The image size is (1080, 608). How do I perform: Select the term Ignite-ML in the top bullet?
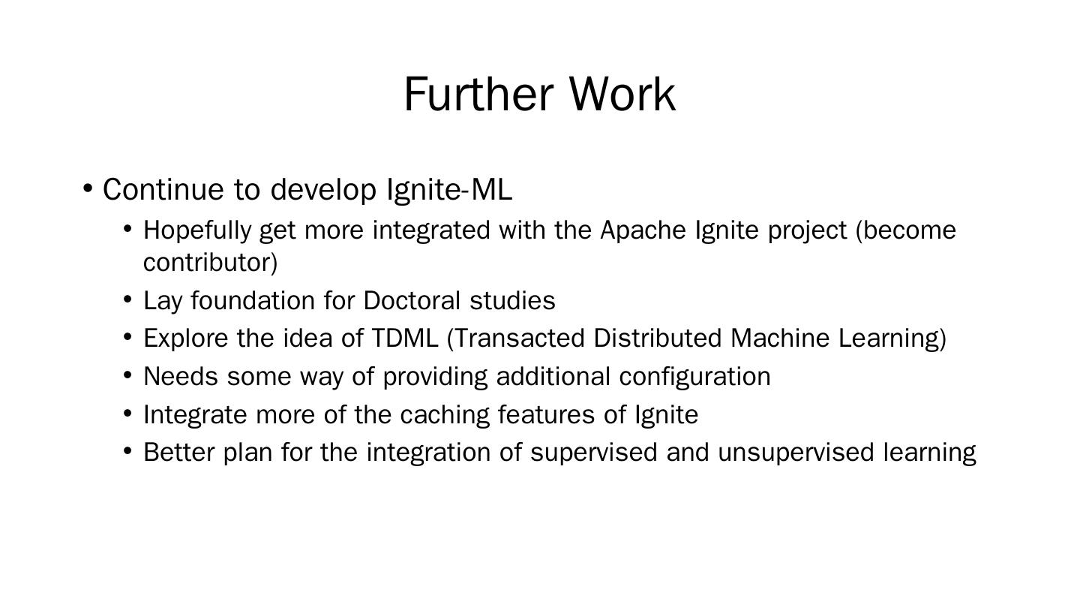click(449, 190)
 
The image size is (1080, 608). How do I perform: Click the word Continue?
click(163, 189)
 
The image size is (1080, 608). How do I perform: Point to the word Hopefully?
click(197, 231)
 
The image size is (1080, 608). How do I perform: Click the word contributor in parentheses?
click(207, 263)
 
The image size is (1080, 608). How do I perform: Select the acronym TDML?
click(404, 339)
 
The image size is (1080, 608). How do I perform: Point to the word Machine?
click(780, 339)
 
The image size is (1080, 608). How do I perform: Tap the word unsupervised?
click(796, 453)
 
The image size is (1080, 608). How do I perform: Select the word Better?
click(178, 452)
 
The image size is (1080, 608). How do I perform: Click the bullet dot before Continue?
click(87, 188)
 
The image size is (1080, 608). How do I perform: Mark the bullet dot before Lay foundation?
click(127, 299)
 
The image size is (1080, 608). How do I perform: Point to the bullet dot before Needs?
click(127, 375)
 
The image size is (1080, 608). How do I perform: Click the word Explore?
click(186, 339)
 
